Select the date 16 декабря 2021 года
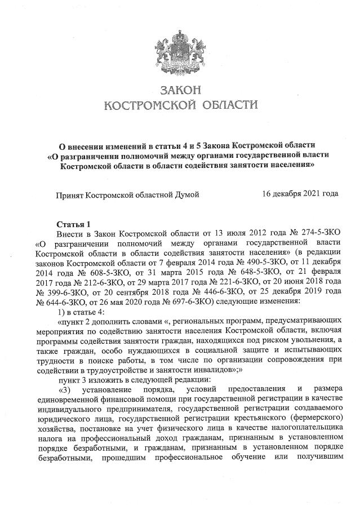300,194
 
